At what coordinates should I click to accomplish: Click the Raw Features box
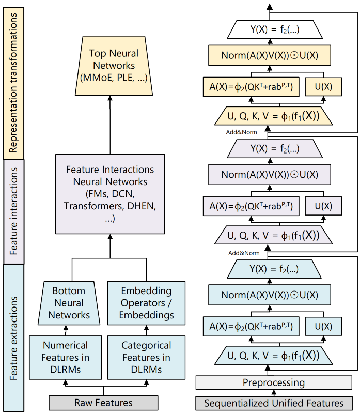pyautogui.click(x=103, y=403)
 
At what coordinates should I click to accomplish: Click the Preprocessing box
pyautogui.click(x=274, y=383)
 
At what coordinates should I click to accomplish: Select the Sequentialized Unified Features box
pyautogui.click(x=274, y=403)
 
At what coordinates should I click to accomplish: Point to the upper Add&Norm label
pyautogui.click(x=241, y=132)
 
